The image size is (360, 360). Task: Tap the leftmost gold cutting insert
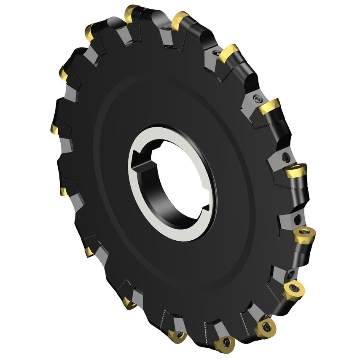pyautogui.click(x=55, y=128)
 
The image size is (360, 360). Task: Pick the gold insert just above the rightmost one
pyautogui.click(x=295, y=172)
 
